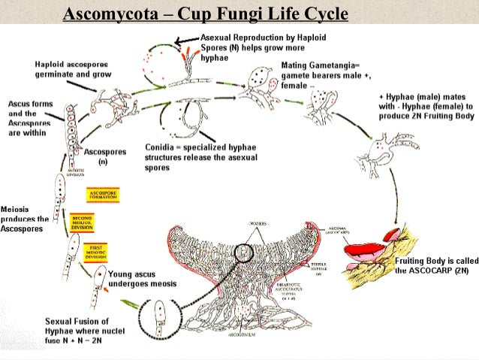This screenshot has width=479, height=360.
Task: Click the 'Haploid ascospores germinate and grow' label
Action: [x=65, y=71]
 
